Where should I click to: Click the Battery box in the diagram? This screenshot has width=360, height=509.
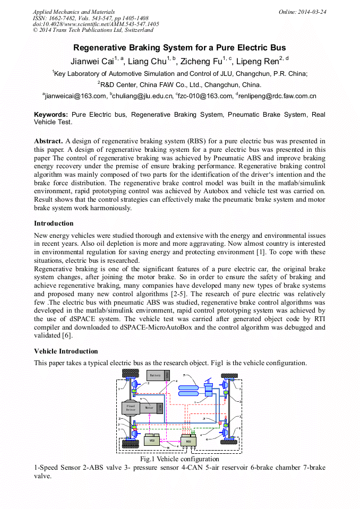155,375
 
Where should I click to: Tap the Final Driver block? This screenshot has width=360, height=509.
130,408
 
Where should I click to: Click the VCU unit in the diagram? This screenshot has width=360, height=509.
151,440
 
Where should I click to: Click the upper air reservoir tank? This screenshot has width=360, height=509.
190,388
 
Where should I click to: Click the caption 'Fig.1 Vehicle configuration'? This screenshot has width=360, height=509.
179,459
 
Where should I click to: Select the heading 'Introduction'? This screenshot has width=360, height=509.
54,223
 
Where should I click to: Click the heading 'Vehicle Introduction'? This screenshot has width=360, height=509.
66,351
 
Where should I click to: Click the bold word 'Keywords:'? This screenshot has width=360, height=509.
51,115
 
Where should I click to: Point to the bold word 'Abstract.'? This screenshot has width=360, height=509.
48,141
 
